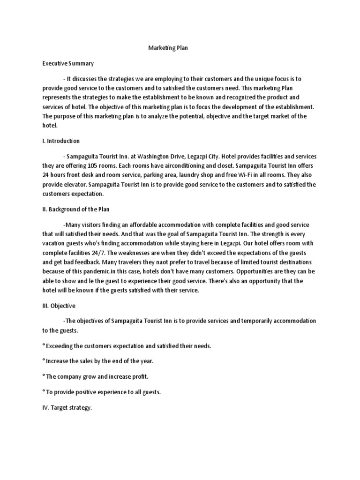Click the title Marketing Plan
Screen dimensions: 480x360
click(168, 48)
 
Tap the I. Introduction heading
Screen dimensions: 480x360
click(61, 141)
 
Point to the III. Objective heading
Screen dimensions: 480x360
click(59, 306)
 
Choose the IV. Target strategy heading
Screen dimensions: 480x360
click(67, 408)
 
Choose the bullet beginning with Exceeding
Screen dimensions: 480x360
click(127, 346)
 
